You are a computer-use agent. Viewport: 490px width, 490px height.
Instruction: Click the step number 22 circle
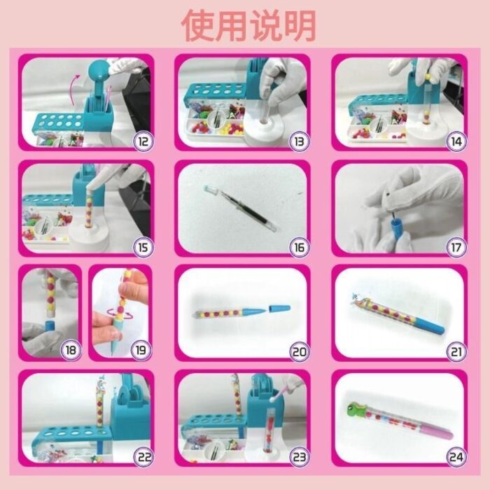pos(144,457)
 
